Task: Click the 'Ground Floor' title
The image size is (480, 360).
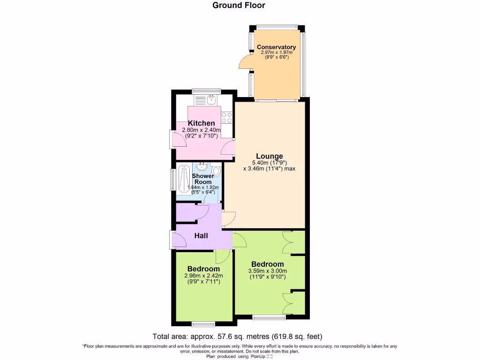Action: point(239,6)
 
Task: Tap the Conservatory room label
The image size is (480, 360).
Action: point(276,47)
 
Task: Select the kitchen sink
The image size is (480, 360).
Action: point(211,99)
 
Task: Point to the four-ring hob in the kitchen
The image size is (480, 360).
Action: point(227,117)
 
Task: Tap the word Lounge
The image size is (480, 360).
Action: point(269,156)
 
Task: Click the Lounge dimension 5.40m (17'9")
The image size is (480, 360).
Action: point(269,163)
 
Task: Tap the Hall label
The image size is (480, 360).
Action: point(201,236)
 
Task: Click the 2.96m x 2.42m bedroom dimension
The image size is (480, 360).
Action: point(203,276)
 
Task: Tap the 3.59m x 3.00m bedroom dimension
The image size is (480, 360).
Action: point(267,271)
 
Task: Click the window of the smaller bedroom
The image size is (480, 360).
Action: point(203,323)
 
